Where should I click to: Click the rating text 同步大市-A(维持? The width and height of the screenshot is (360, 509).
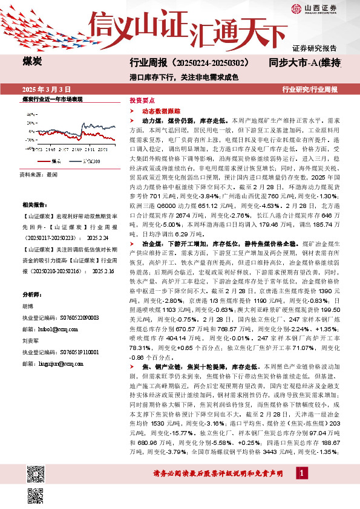pyautogui.click(x=309, y=63)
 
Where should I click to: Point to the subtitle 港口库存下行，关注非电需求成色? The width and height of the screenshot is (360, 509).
pyautogui.click(x=185, y=77)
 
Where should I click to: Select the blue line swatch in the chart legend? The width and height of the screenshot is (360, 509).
pyautogui.click(x=74, y=161)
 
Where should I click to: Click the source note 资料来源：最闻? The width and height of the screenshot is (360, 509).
pyautogui.click(x=39, y=173)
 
